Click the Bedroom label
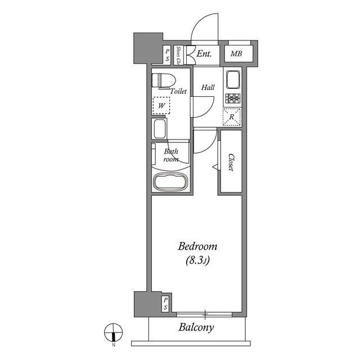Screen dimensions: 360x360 (197, 246)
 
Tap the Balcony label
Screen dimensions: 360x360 (196, 327)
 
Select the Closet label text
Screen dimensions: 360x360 (231, 164)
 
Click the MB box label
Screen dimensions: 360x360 (236, 55)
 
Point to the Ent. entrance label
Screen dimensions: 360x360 (203, 54)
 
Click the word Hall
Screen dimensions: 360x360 (208, 88)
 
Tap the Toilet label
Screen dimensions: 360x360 (178, 91)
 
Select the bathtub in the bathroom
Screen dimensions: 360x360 (169, 182)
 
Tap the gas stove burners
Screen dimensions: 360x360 (232, 100)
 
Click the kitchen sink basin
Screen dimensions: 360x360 (232, 81)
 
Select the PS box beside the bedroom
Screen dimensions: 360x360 (165, 304)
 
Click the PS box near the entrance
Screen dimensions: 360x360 (167, 55)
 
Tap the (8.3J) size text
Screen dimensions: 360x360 (197, 260)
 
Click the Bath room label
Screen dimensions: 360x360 (171, 155)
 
